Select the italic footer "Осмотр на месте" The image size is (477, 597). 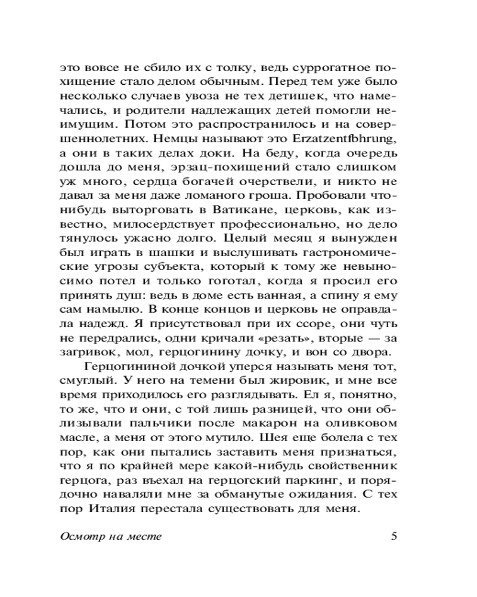click(x=111, y=536)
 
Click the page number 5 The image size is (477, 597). click(x=394, y=536)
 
